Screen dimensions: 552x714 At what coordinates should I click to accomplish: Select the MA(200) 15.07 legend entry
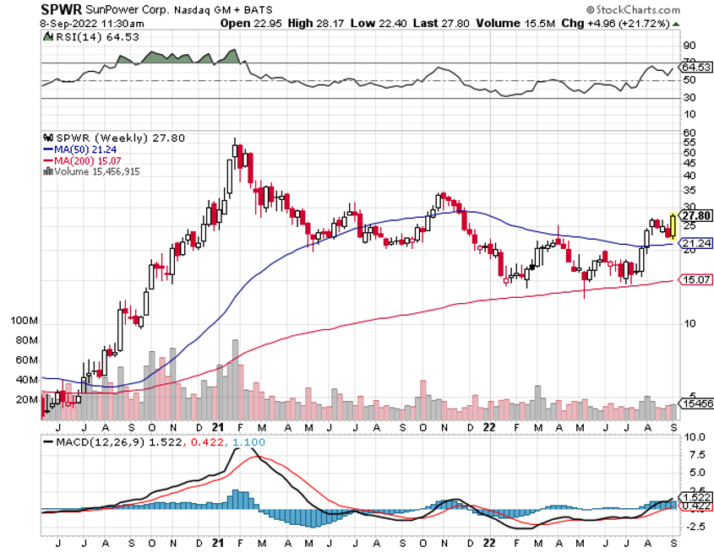point(80,160)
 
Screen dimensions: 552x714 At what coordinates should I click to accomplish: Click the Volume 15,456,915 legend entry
point(92,171)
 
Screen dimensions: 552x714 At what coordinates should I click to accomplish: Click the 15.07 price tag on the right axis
point(693,279)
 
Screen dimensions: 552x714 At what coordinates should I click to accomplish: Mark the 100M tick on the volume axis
point(25,322)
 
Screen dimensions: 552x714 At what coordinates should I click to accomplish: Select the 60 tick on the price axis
point(689,133)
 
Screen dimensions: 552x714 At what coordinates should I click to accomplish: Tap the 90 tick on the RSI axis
point(689,45)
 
